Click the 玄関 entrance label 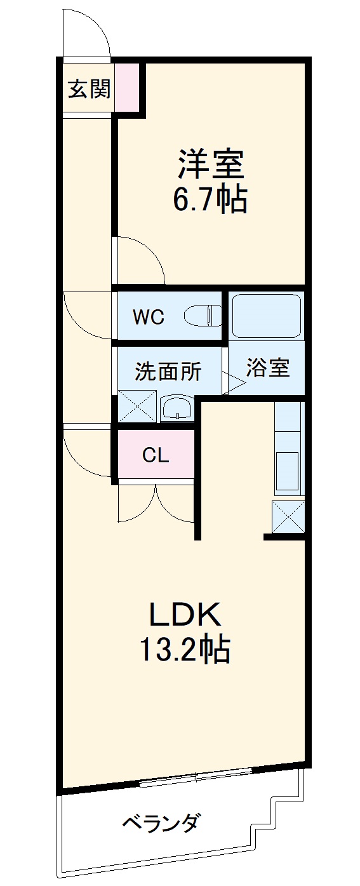[89, 90]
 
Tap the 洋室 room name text [210, 163]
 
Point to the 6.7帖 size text [210, 199]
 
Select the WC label [149, 317]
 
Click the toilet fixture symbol [202, 316]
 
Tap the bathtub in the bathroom [266, 316]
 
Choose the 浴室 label [267, 368]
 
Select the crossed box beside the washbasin [137, 406]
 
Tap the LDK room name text [183, 614]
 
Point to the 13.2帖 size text [183, 649]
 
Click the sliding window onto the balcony [196, 777]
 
